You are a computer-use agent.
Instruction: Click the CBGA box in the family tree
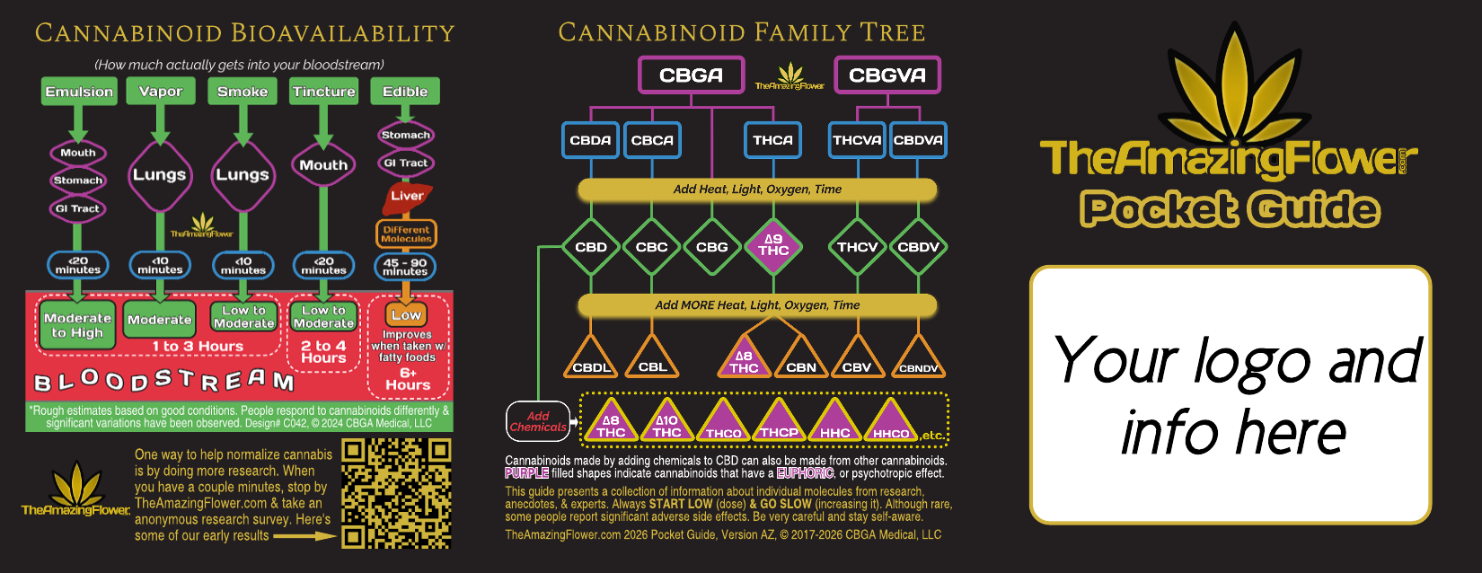point(691,75)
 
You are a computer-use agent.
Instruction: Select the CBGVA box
point(887,75)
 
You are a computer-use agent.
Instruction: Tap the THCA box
point(772,140)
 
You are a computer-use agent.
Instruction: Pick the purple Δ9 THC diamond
point(773,245)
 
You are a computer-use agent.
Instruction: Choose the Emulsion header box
point(79,92)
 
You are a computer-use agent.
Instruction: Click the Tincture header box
point(323,92)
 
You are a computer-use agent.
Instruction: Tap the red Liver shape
point(407,197)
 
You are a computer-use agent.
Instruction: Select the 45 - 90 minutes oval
point(405,267)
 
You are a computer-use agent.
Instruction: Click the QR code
point(396,493)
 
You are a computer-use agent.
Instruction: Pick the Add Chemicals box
point(538,422)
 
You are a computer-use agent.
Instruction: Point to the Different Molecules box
point(406,234)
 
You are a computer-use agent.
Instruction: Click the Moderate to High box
point(77,325)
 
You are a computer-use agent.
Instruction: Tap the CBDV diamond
point(918,247)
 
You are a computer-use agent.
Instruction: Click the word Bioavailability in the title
point(342,33)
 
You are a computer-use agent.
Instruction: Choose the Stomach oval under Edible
point(406,135)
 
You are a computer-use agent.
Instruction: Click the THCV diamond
point(857,247)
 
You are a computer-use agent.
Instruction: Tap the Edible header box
point(405,92)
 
